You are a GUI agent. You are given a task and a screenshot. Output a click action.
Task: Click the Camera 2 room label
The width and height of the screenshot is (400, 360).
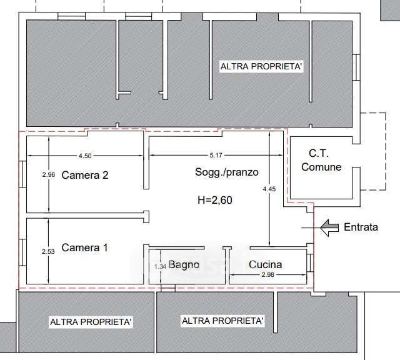pos(85,175)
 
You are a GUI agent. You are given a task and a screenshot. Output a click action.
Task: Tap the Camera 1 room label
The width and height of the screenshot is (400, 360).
pos(84,247)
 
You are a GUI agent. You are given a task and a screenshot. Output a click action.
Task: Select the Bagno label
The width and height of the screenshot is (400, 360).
pos(184,264)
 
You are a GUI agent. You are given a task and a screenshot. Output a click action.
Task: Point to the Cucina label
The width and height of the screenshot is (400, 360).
pos(265,264)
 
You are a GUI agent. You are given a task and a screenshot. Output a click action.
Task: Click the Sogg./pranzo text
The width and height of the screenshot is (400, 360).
pos(227,172)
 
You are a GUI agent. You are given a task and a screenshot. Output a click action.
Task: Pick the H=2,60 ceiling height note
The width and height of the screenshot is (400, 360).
pos(215,200)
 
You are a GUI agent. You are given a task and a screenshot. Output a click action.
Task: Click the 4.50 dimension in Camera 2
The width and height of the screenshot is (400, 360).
pos(85,156)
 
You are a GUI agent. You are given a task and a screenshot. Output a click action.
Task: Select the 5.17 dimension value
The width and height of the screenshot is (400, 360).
pos(216,155)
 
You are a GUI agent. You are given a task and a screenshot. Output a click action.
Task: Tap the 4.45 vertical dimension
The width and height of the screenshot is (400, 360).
pos(269,189)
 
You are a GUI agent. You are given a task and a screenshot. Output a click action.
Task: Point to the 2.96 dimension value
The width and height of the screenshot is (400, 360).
pos(49,175)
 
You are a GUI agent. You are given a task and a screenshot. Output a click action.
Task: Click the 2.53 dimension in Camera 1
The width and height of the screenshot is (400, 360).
pos(48,252)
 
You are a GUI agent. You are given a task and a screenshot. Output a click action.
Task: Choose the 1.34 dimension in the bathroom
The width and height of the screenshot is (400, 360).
pos(160,267)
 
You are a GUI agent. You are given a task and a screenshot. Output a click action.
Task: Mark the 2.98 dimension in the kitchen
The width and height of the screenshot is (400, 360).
pos(267,275)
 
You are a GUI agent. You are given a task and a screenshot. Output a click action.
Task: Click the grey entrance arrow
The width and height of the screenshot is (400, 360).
pos(329,227)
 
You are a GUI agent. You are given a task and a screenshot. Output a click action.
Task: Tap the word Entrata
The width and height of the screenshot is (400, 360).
pos(361,227)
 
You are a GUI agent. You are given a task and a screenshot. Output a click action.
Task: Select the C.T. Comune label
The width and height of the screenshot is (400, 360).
pos(321,160)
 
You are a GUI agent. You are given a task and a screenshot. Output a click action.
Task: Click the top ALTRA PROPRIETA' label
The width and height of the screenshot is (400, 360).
pos(261,66)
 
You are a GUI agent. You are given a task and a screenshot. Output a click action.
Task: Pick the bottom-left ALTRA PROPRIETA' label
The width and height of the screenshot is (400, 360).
pos(91,322)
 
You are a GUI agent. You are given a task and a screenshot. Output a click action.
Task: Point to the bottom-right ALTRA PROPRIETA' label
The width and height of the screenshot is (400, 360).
pos(222,321)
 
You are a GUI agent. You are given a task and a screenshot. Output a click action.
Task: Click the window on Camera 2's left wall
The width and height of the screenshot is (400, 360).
pos(22,174)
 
